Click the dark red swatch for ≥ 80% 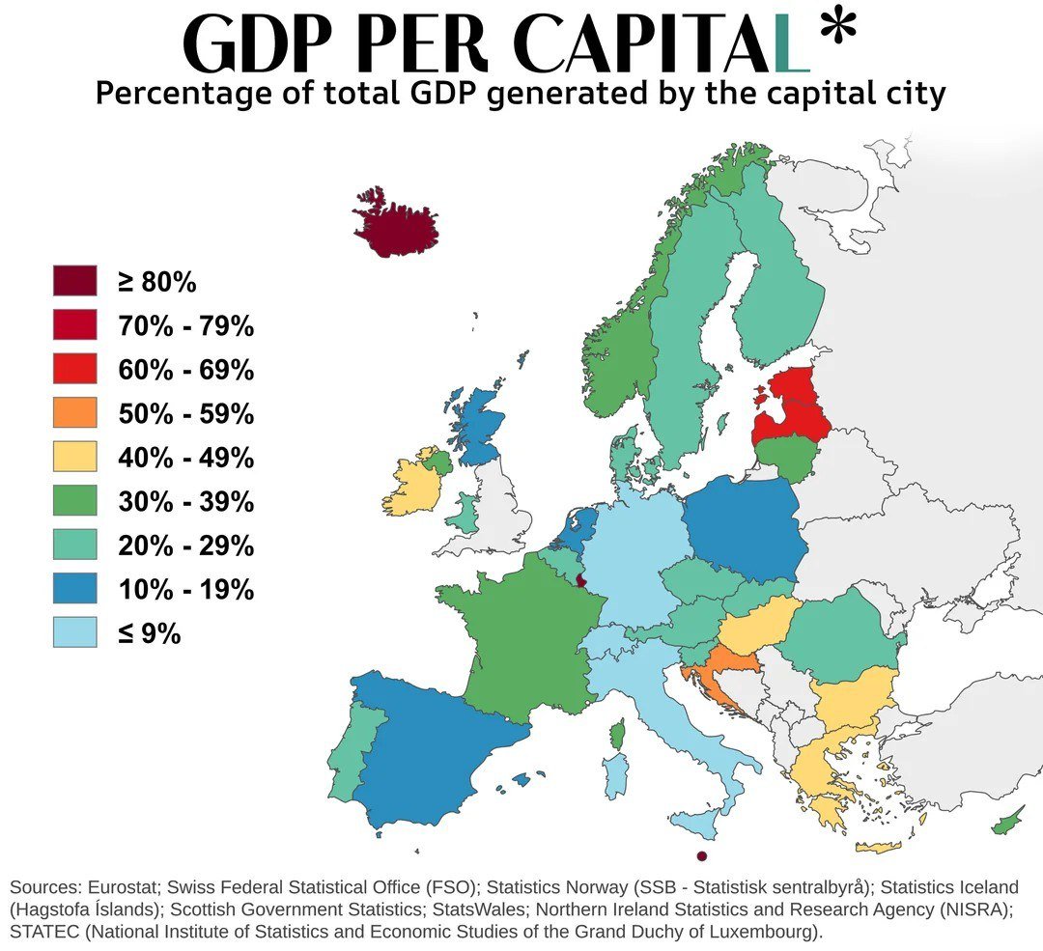tap(75, 281)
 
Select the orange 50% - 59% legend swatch tap(75, 412)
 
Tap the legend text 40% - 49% tap(185, 458)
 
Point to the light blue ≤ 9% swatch tap(75, 632)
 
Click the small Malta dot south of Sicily tap(702, 856)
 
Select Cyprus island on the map tap(1008, 821)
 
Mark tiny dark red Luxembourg tap(580, 580)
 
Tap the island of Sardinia tap(615, 776)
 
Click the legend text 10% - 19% tap(185, 589)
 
